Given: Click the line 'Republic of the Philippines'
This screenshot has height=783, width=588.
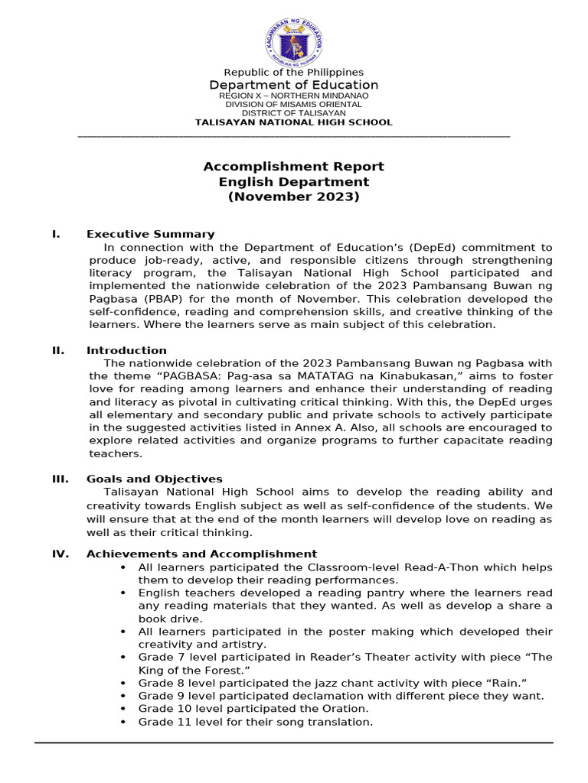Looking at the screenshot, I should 294,72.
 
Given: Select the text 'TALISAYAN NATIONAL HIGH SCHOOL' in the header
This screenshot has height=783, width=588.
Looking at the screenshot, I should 294,122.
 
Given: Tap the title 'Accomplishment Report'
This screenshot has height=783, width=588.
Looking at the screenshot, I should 294,167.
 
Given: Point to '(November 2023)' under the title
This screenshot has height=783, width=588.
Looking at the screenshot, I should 294,197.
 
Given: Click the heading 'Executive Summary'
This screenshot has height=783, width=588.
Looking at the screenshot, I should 150,234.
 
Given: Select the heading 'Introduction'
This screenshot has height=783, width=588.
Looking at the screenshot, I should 126,350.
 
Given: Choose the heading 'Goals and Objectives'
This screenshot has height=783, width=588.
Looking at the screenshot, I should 155,479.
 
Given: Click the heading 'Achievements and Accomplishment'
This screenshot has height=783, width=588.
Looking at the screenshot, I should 201,554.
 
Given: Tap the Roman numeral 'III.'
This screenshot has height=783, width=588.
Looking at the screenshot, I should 60,479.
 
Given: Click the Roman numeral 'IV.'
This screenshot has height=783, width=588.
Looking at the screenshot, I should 60,554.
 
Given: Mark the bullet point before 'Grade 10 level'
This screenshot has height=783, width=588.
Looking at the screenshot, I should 123,709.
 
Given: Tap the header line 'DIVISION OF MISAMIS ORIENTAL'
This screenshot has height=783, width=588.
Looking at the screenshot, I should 294,104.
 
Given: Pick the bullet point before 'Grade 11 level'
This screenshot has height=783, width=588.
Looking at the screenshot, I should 123,722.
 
